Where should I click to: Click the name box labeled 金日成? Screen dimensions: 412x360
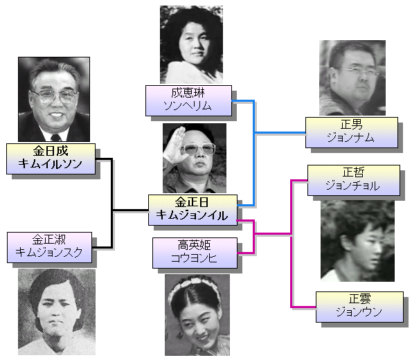[51, 159]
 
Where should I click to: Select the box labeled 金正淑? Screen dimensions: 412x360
[49, 247]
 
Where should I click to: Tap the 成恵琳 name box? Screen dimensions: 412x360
[188, 100]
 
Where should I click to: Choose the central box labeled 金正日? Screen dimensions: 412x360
[192, 210]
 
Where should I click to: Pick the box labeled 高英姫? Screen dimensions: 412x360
[195, 253]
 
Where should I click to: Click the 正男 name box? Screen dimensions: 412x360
[352, 132]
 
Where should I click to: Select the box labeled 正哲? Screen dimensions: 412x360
[354, 180]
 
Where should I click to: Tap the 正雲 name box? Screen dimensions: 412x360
[359, 307]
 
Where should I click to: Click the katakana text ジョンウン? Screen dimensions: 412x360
[359, 312]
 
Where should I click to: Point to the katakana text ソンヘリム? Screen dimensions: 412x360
[188, 106]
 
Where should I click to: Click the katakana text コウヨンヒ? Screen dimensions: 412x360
[194, 258]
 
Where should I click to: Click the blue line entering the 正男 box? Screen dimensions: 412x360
[280, 133]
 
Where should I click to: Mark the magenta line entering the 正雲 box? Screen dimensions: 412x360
[303, 307]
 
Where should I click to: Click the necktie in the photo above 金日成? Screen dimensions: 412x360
[56, 138]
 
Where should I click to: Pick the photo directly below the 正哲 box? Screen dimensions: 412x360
[357, 241]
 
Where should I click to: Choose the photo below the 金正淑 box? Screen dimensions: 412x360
[57, 312]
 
